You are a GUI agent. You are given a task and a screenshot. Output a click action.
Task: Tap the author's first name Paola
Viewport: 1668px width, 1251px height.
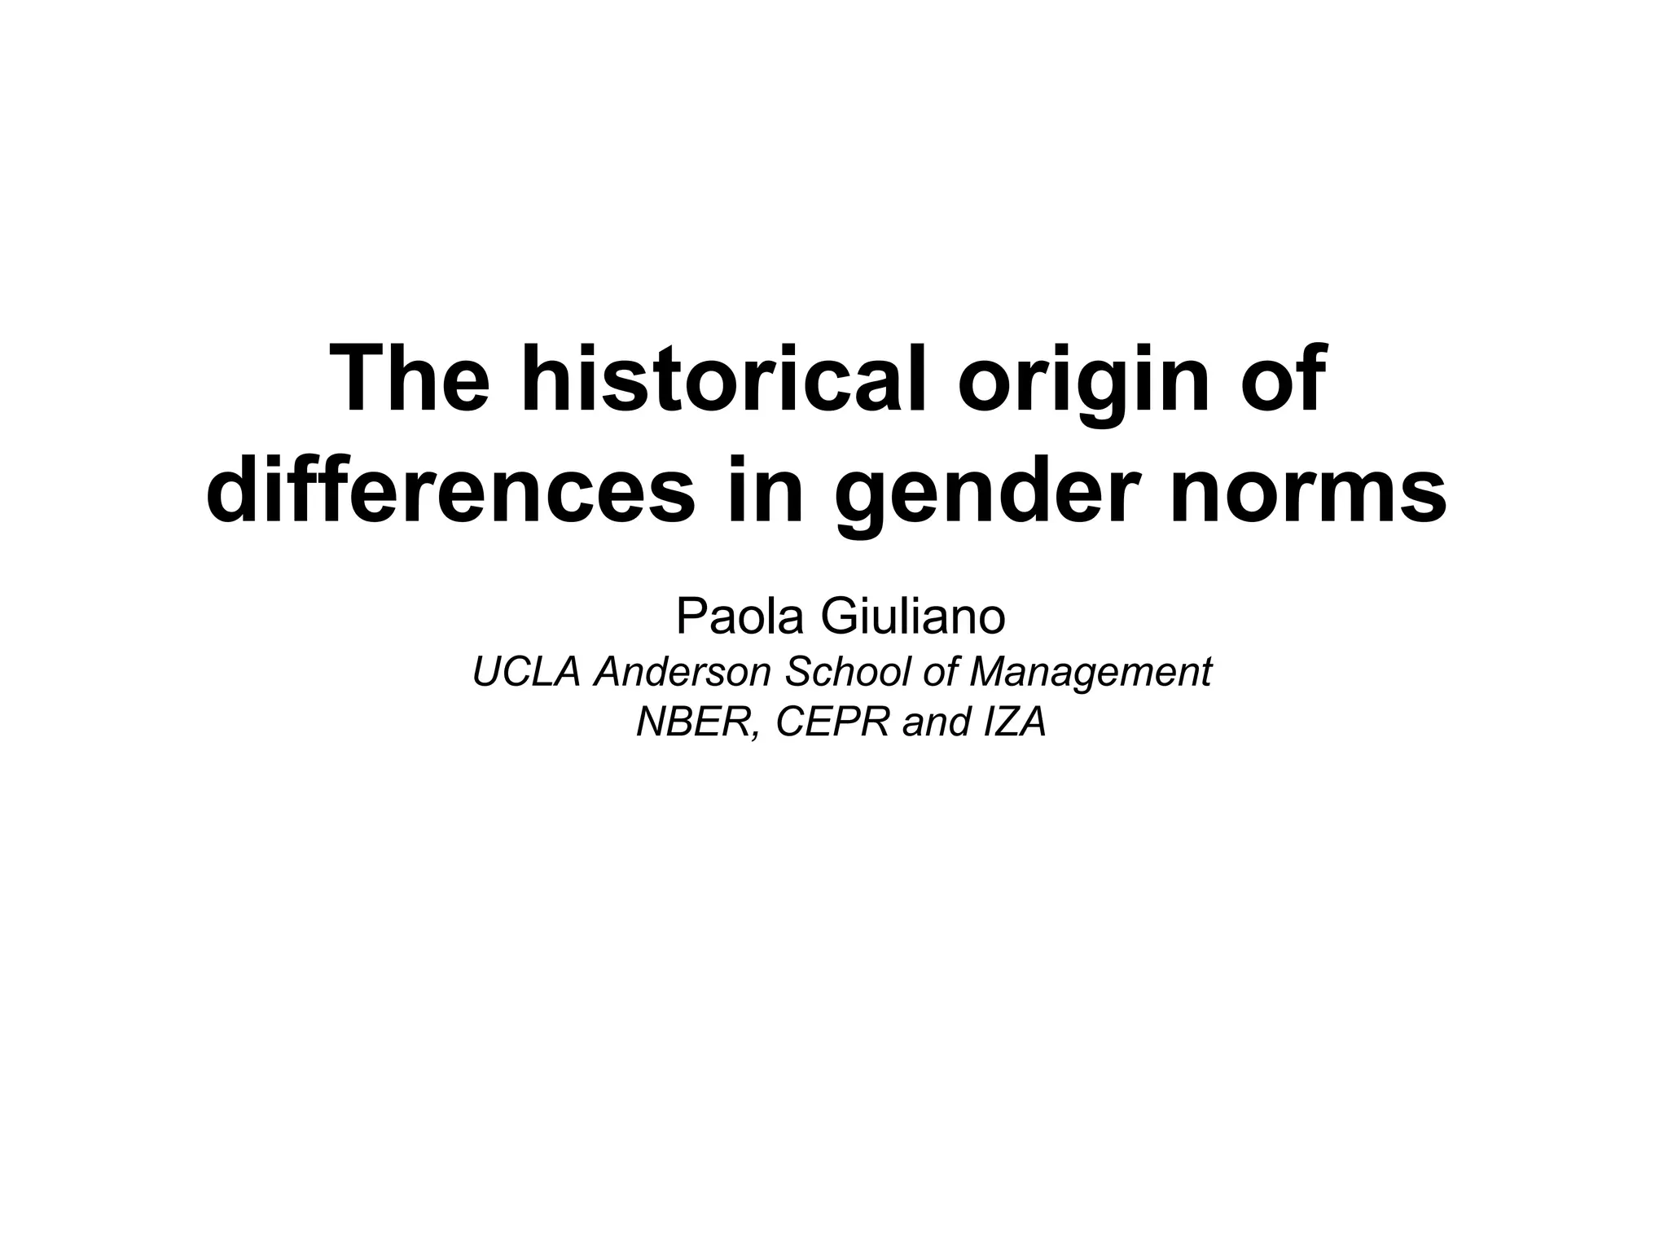[743, 617]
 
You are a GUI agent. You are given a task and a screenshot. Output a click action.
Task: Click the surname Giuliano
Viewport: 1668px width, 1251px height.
[913, 617]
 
